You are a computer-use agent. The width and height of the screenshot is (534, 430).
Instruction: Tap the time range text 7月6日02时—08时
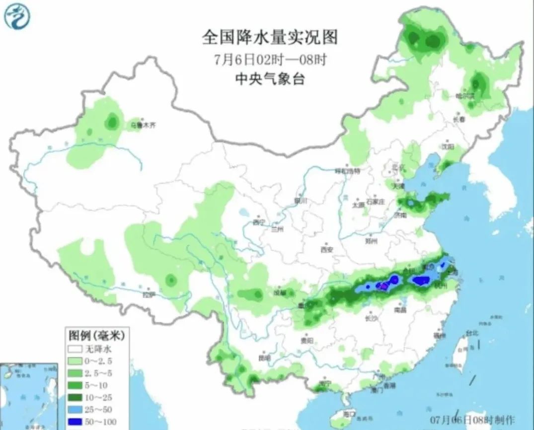(270, 60)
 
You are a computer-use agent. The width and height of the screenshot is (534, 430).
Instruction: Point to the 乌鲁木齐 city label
(144, 126)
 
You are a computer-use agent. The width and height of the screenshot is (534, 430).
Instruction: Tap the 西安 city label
(326, 250)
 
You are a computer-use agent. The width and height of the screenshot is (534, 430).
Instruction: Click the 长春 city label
(459, 120)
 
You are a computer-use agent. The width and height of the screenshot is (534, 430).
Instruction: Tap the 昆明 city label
(264, 358)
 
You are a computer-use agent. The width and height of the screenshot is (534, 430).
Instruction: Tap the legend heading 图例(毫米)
(95, 336)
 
